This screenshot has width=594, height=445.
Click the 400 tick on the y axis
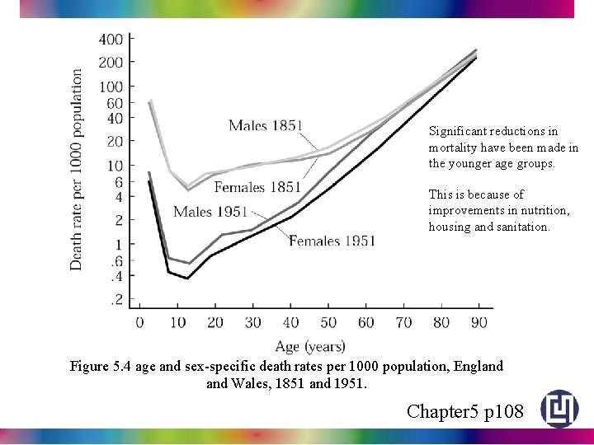tap(111, 40)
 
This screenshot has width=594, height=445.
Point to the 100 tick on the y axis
tap(111, 87)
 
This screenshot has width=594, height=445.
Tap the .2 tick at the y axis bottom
tap(117, 300)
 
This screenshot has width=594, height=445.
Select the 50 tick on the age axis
tap(328, 322)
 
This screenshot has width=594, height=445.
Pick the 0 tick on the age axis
tap(140, 322)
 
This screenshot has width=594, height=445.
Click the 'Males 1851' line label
tap(266, 126)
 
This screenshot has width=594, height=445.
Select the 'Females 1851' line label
tap(257, 188)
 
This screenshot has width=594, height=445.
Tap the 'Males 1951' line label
tap(211, 213)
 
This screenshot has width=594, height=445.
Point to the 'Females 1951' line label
tap(332, 241)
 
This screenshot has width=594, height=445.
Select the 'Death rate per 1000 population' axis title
tap(77, 169)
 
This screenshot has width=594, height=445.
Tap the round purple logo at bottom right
tap(559, 409)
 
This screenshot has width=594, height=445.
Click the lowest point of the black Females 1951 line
tap(187, 279)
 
